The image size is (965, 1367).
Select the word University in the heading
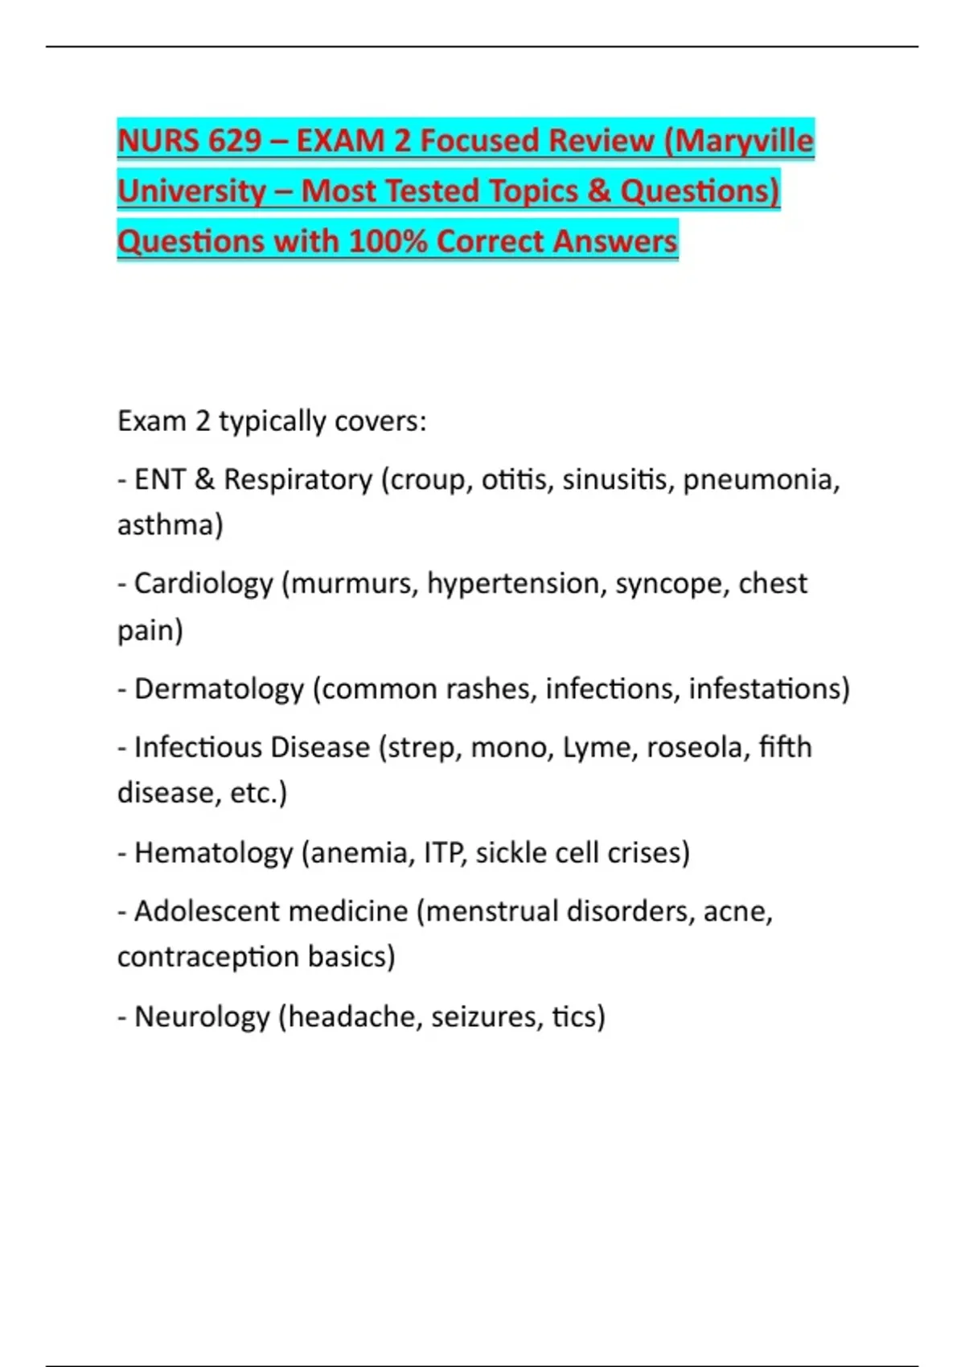click(x=191, y=191)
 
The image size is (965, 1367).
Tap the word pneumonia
click(x=761, y=479)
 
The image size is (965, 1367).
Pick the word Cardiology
click(x=203, y=584)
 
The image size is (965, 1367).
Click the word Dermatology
click(x=219, y=689)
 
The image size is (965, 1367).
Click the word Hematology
click(x=213, y=853)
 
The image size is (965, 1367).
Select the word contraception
click(x=208, y=958)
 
